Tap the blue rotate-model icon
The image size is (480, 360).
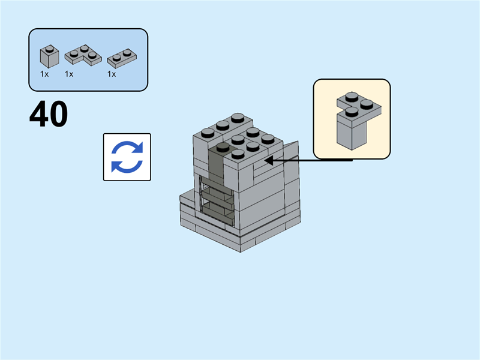pyautogui.click(x=127, y=157)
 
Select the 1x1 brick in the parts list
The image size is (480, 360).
pyautogui.click(x=49, y=56)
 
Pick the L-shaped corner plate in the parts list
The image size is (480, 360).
pyautogui.click(x=82, y=56)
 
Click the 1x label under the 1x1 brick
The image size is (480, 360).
pyautogui.click(x=44, y=74)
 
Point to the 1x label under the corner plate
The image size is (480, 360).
pyautogui.click(x=69, y=74)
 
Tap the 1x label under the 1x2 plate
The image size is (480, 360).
pyautogui.click(x=112, y=74)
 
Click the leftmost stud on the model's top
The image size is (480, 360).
pyautogui.click(x=208, y=132)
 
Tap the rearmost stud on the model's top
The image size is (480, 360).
pyautogui.click(x=238, y=117)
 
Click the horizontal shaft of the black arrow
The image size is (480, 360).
pyautogui.click(x=312, y=161)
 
